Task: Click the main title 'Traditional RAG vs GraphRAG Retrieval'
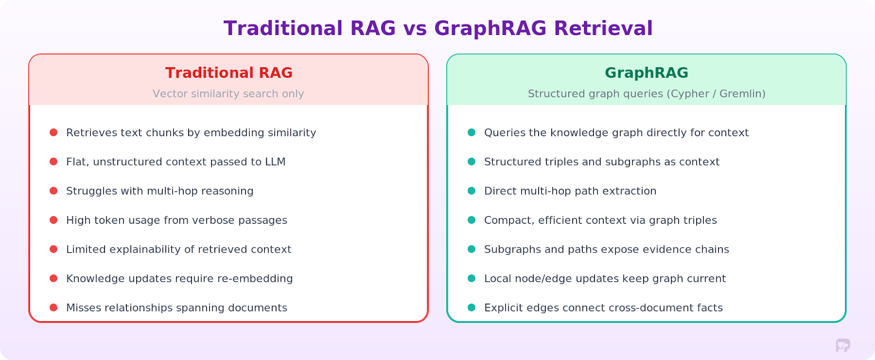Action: click(437, 28)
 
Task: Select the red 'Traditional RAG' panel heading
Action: click(229, 73)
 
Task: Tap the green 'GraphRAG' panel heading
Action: click(646, 73)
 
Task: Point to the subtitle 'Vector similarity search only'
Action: click(228, 94)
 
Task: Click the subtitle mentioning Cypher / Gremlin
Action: click(646, 94)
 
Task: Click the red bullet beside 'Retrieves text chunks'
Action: click(54, 132)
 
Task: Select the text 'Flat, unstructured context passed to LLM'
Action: click(176, 162)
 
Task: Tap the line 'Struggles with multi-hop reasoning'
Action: click(160, 191)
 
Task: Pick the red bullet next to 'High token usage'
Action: click(54, 220)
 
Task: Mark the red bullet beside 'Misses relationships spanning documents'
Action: click(54, 307)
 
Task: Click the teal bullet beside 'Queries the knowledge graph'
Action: click(471, 132)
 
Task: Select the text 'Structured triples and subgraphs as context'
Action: click(602, 162)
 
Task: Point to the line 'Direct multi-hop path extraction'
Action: click(570, 191)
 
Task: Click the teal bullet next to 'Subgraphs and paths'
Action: click(471, 249)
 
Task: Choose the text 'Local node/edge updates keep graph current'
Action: click(605, 278)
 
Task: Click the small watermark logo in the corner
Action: click(843, 345)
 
